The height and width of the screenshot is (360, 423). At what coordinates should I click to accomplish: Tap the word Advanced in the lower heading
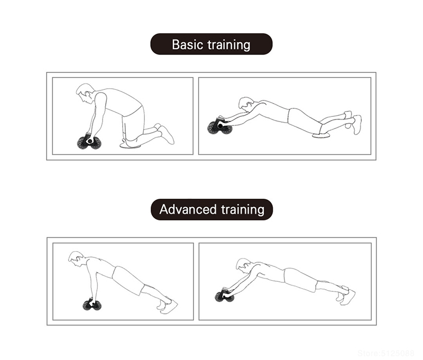(188, 209)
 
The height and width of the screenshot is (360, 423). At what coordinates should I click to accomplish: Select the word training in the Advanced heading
(243, 210)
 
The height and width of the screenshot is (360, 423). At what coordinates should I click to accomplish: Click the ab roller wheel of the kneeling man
(88, 143)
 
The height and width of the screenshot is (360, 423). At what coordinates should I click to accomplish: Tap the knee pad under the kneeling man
(131, 145)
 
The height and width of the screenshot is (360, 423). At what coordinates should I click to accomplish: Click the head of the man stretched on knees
(246, 104)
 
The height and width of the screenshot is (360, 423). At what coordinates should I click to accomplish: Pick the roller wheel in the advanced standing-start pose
(91, 303)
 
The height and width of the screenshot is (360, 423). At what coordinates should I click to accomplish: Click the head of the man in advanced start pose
(76, 259)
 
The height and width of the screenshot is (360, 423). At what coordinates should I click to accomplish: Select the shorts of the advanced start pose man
(128, 281)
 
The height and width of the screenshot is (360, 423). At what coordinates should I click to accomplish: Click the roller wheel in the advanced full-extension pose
(225, 296)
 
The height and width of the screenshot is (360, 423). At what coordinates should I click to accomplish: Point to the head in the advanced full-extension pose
(244, 265)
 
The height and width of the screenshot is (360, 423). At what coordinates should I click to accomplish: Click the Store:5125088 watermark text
(386, 353)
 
